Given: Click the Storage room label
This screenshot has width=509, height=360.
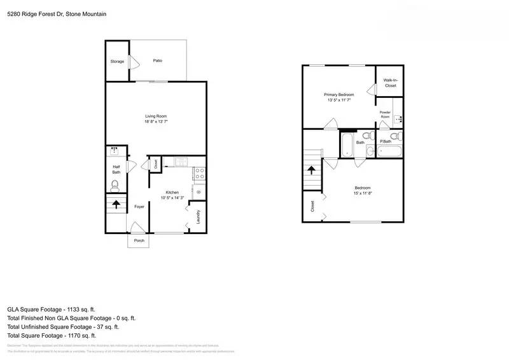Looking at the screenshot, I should pyautogui.click(x=117, y=62).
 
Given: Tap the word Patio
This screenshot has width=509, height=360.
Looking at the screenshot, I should pyautogui.click(x=157, y=61).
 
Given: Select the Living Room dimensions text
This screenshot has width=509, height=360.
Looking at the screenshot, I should pyautogui.click(x=156, y=121).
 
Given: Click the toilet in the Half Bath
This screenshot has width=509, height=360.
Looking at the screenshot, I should pyautogui.click(x=115, y=186).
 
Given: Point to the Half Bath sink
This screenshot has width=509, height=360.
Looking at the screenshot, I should pyautogui.click(x=115, y=151).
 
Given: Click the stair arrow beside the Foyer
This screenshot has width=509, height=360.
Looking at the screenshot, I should pyautogui.click(x=116, y=205).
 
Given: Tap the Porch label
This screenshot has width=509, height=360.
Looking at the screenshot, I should pyautogui.click(x=139, y=241).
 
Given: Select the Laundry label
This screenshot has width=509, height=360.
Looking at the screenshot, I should pyautogui.click(x=199, y=216).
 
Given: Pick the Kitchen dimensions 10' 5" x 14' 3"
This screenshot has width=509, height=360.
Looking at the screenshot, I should pyautogui.click(x=172, y=198).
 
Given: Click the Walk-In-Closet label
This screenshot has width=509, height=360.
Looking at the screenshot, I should pyautogui.click(x=390, y=83).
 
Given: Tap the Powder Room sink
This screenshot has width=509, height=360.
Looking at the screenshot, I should pyautogui.click(x=398, y=118).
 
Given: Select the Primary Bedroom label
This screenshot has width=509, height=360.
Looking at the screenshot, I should pyautogui.click(x=339, y=95).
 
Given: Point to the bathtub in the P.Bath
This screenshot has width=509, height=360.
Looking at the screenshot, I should pyautogui.click(x=389, y=151).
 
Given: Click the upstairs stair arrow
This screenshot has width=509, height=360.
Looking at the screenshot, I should pyautogui.click(x=312, y=170).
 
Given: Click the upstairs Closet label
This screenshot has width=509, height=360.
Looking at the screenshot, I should pyautogui.click(x=312, y=206).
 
